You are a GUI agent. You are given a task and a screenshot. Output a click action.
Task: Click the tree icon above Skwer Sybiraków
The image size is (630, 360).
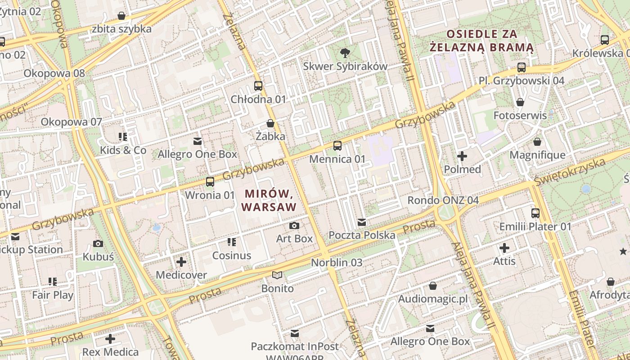[x=345, y=53]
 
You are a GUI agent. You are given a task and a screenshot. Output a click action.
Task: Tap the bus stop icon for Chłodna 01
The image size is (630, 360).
[x=258, y=86]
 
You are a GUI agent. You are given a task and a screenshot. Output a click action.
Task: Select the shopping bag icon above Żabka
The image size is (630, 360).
[x=270, y=123]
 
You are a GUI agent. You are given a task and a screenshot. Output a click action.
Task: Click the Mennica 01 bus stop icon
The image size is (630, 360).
[x=337, y=146]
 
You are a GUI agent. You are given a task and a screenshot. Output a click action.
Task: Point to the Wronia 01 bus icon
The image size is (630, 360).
[x=210, y=182]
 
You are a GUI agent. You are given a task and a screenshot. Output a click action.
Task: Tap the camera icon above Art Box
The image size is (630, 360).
[x=294, y=225]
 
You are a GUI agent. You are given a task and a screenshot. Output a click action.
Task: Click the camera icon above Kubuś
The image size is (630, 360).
[x=98, y=243]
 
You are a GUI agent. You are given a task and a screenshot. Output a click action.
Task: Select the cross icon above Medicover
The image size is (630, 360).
[x=181, y=261]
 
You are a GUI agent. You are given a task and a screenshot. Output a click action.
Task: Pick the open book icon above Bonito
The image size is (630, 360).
[x=277, y=275]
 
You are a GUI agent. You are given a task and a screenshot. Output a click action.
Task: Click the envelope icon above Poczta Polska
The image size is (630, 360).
[x=362, y=222]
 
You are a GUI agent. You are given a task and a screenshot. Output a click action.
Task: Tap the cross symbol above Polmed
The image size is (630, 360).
[x=462, y=156]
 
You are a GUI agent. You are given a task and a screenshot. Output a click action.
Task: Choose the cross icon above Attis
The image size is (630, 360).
[x=504, y=247]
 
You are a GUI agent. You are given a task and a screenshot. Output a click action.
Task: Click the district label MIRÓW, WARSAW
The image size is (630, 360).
[x=269, y=201]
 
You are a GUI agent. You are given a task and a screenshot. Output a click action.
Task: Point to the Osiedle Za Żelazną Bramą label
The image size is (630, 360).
[x=481, y=40]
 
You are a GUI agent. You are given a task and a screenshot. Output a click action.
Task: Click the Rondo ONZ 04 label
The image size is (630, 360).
[x=443, y=200]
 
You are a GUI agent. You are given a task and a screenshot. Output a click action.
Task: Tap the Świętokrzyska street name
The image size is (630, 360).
[x=570, y=171]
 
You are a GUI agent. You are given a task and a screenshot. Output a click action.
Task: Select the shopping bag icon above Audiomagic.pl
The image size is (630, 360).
[x=433, y=286]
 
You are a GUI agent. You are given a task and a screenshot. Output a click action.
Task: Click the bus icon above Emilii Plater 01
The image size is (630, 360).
[x=535, y=213]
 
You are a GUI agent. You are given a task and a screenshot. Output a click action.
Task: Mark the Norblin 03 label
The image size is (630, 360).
[x=337, y=262]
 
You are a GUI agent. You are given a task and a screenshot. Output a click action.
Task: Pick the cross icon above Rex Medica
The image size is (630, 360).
[x=110, y=338]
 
